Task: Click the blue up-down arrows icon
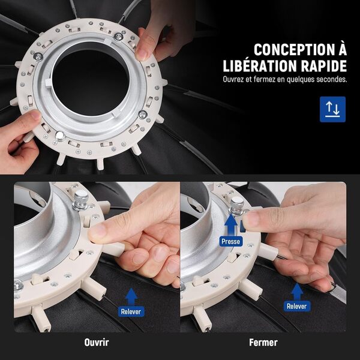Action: pos(332,109)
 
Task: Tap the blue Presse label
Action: pos(231,242)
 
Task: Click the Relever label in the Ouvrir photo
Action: pos(131,311)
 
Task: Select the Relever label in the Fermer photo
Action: pos(296,306)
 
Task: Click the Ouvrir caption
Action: pos(97,343)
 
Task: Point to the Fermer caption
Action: pos(263,343)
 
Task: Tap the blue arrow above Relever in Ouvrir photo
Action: pos(131,297)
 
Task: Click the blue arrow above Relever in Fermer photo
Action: pos(297,292)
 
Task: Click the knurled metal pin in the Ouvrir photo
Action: pos(80,200)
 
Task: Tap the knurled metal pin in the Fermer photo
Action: pos(237,205)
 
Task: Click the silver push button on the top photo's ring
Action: pos(60,136)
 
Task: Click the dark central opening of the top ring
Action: pos(90,83)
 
